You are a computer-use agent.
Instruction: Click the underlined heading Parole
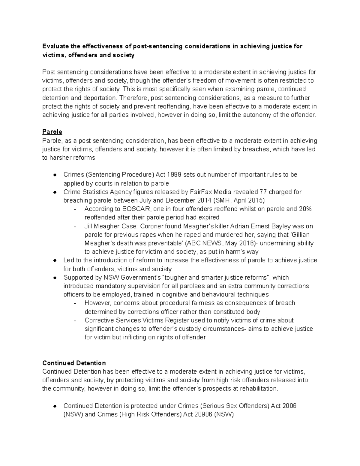click(x=52, y=132)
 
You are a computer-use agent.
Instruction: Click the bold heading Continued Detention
click(x=74, y=363)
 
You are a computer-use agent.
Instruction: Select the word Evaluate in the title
click(x=55, y=46)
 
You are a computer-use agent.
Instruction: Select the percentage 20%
click(x=305, y=209)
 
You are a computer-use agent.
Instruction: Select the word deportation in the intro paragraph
click(x=99, y=98)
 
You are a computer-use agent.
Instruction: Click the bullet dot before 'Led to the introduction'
click(x=55, y=260)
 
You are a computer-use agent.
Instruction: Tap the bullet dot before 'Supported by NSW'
click(x=55, y=278)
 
